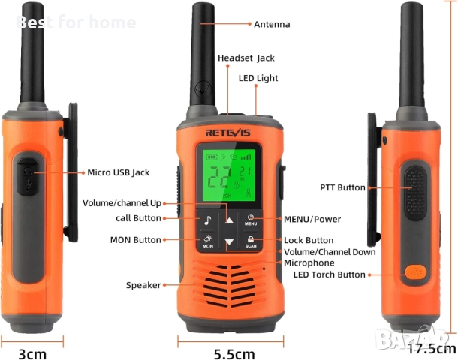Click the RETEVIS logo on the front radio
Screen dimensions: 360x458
click(229, 133)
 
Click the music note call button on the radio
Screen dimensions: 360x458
click(207, 220)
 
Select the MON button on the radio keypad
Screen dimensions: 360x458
click(207, 241)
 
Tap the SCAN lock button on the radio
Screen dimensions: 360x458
click(250, 241)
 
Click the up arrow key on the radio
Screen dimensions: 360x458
click(229, 220)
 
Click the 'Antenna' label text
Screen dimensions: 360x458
click(272, 25)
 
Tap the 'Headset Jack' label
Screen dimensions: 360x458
click(246, 58)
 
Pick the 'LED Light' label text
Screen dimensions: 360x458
click(258, 78)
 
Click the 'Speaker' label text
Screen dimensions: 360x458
click(143, 284)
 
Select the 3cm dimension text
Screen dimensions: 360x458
click(32, 352)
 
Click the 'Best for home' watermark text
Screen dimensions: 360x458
click(76, 22)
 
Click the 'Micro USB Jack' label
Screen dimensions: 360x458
click(119, 172)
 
